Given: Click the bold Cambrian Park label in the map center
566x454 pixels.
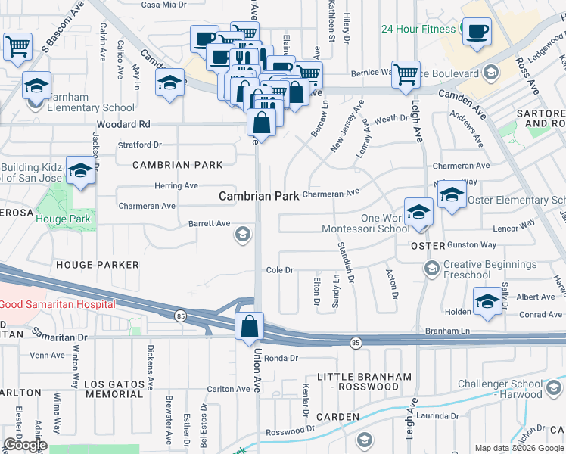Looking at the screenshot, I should [x=257, y=195].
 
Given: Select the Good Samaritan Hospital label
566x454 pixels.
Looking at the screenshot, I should [x=58, y=304].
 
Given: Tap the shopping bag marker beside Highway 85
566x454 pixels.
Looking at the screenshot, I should [x=249, y=327].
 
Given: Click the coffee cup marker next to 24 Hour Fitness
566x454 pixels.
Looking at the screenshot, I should [x=476, y=33].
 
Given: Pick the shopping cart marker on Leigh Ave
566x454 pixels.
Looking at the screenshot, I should [x=406, y=73].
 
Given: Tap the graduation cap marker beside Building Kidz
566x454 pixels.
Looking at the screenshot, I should [x=79, y=171].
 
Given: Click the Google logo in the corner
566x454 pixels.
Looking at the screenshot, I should [x=25, y=446].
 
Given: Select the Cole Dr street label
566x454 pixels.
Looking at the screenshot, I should [x=279, y=270].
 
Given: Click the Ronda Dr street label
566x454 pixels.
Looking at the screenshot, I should [x=281, y=358].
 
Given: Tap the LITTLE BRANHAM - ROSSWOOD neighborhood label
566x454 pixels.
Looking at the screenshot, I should [x=358, y=381].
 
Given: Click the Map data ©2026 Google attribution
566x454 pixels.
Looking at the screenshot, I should [x=518, y=448].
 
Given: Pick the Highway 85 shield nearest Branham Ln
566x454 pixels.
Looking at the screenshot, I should [x=356, y=343].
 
